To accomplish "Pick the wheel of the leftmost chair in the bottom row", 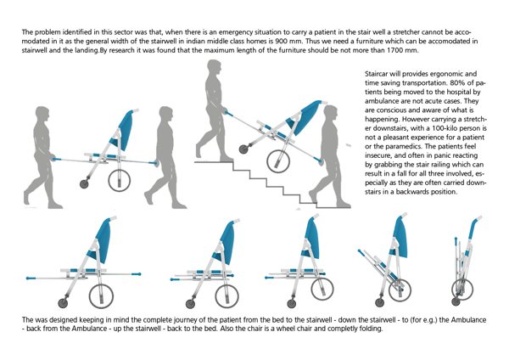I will tap(64, 303).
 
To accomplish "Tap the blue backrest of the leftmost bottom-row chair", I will tap(103, 237).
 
